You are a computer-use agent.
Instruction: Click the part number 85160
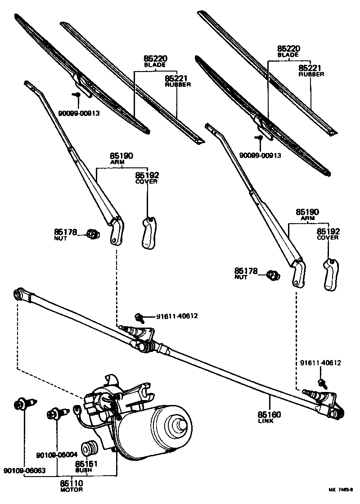(270, 414)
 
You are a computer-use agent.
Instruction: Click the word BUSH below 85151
(84, 470)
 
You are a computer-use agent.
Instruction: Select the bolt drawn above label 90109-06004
(57, 413)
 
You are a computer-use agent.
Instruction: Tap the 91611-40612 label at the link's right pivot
(320, 363)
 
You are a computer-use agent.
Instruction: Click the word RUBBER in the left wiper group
(178, 85)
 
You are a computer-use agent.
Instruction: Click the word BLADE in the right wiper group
(288, 54)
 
